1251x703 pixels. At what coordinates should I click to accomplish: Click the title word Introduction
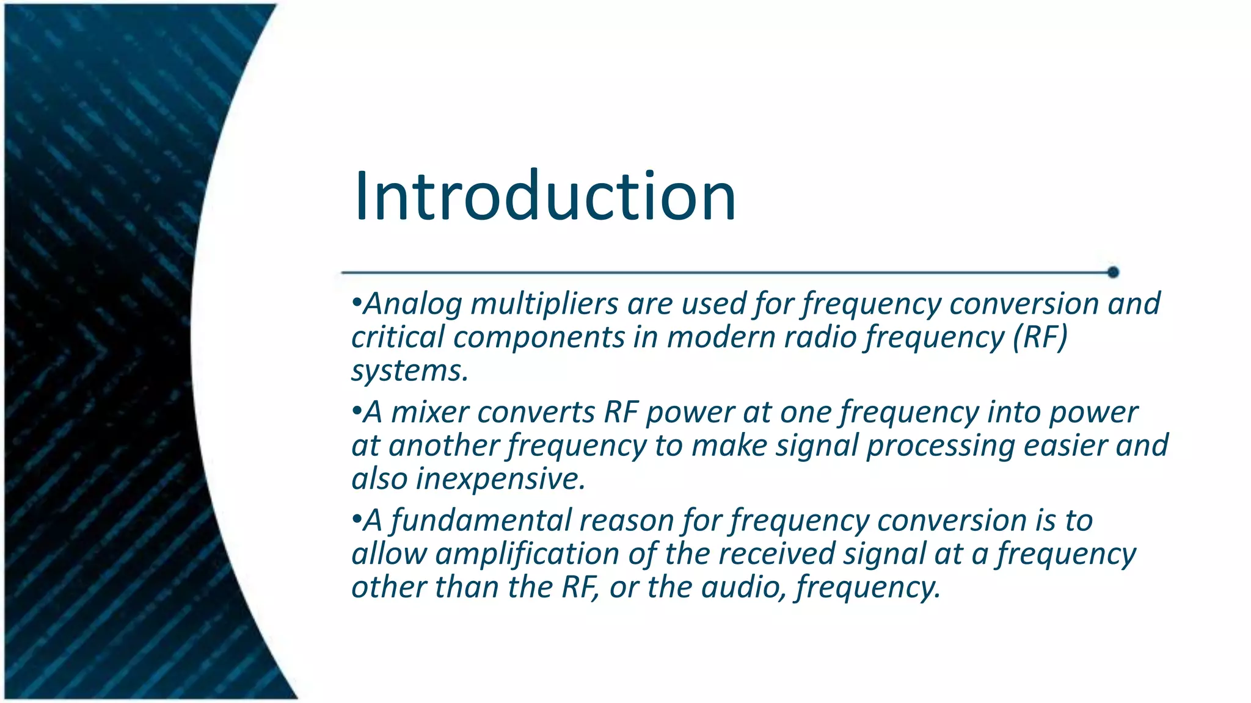[545, 196]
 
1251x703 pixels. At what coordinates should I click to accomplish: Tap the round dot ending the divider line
[1112, 272]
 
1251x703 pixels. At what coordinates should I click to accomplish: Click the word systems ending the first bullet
[409, 370]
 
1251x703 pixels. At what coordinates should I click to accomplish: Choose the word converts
[536, 412]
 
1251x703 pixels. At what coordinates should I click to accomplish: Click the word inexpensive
[500, 478]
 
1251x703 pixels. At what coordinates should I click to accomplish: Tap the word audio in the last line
[744, 587]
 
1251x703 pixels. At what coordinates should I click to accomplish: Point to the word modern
[721, 337]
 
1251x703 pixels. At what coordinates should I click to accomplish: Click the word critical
[398, 337]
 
